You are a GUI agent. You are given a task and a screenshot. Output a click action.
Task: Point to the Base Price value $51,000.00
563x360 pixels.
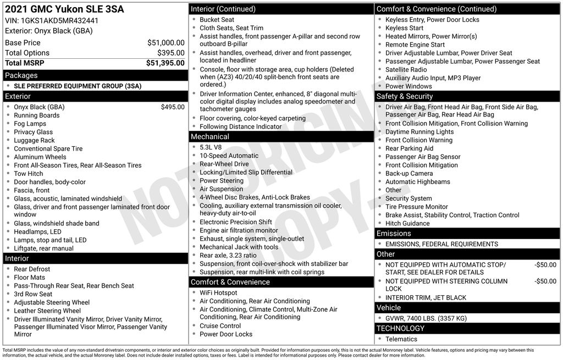pyautogui.click(x=165, y=42)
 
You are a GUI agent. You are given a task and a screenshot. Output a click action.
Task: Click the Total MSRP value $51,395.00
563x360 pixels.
pyautogui.click(x=165, y=63)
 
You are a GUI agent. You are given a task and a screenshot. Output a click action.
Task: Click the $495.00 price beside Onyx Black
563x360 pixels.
pyautogui.click(x=173, y=107)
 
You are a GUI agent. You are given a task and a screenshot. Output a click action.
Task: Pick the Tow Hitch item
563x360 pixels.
pyautogui.click(x=29, y=174)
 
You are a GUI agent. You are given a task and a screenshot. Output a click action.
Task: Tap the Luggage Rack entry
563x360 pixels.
pyautogui.click(x=34, y=140)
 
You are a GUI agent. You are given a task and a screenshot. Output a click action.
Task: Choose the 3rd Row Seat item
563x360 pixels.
pyautogui.click(x=33, y=294)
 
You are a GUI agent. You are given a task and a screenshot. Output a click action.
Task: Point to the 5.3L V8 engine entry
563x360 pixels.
pyautogui.click(x=211, y=147)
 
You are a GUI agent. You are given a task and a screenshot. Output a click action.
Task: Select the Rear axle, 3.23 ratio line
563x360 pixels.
pyautogui.click(x=228, y=256)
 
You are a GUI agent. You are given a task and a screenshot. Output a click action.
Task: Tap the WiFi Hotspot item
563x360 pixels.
pyautogui.click(x=218, y=293)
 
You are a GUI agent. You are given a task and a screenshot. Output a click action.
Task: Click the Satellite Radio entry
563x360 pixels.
pyautogui.click(x=406, y=70)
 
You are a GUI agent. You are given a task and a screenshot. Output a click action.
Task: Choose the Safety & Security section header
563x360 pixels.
pyautogui.click(x=405, y=96)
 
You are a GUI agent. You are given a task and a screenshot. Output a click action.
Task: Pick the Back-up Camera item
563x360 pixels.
pyautogui.click(x=409, y=174)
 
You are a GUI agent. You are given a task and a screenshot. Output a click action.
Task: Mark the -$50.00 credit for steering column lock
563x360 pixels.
pyautogui.click(x=545, y=281)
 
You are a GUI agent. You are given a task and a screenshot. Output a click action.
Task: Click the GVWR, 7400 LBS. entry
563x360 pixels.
pyautogui.click(x=426, y=318)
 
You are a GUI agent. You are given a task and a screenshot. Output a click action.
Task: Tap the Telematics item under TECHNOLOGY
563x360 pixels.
pyautogui.click(x=401, y=339)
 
